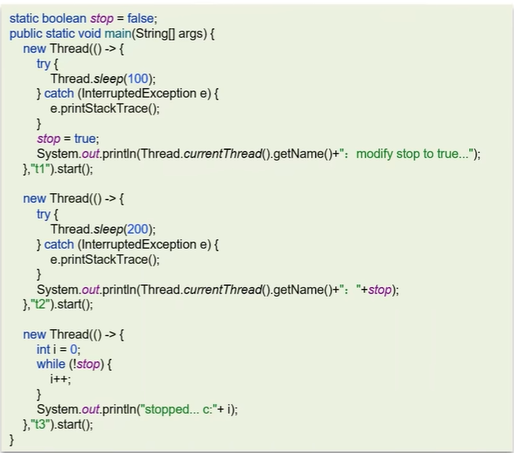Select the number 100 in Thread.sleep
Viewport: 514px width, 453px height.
[x=142, y=79]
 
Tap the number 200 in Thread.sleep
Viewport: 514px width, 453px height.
[x=142, y=229]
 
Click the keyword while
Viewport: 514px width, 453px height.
[x=52, y=364]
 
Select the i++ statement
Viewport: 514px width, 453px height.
[x=60, y=379]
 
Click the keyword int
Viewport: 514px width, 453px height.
[x=44, y=349]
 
